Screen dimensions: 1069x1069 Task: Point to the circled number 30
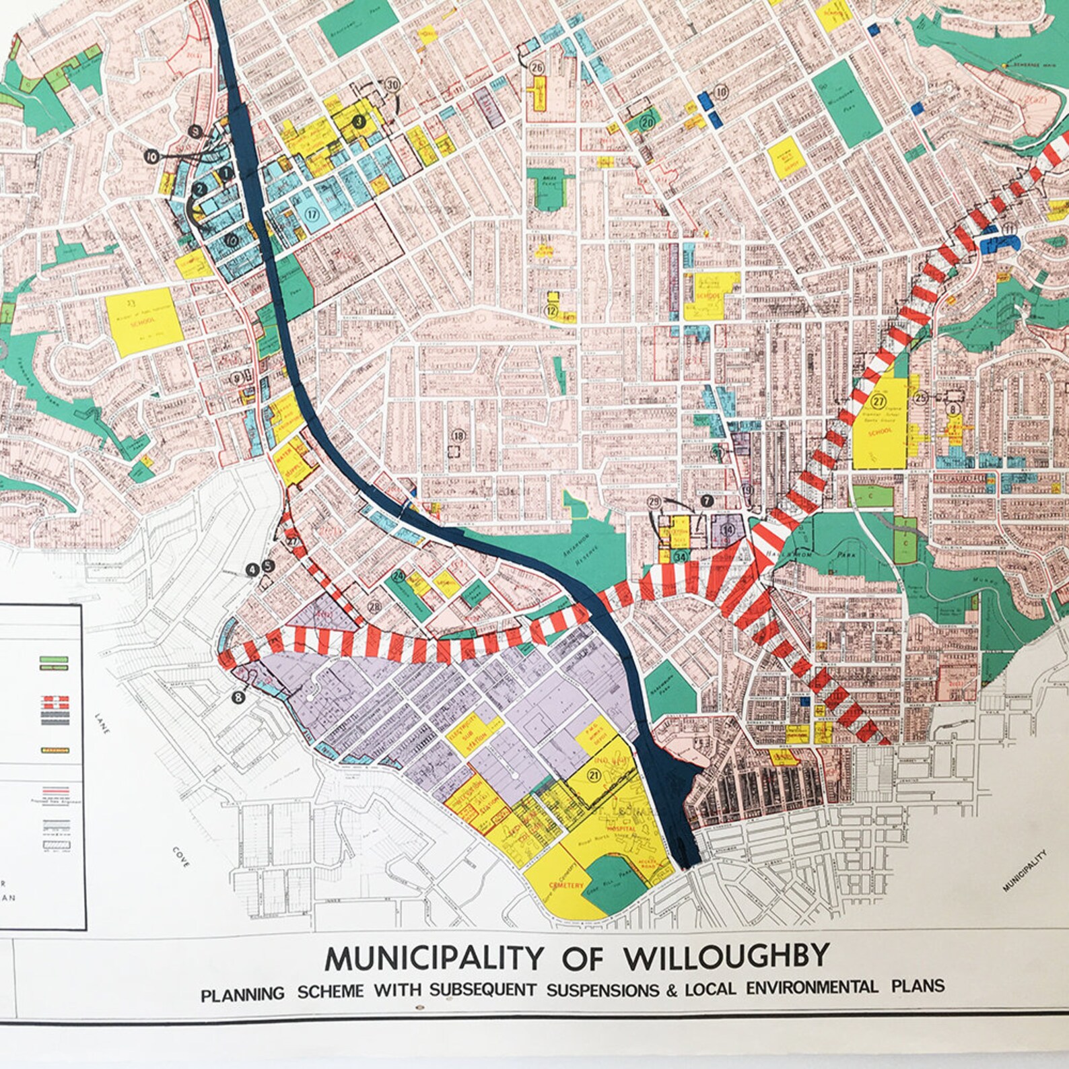point(392,85)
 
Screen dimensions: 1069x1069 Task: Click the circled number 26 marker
point(537,67)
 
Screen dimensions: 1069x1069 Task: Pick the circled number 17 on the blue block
point(312,215)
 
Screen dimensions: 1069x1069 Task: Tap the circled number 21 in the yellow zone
point(594,775)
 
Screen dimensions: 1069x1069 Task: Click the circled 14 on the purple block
point(727,529)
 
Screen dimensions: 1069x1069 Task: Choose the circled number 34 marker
point(681,557)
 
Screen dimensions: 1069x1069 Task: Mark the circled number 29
point(654,502)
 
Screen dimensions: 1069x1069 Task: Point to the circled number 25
point(921,397)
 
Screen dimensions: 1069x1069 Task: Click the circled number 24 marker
point(398,576)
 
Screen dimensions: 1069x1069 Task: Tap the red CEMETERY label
point(566,885)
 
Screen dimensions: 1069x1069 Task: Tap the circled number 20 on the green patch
point(647,123)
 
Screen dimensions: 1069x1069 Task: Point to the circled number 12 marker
point(551,311)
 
